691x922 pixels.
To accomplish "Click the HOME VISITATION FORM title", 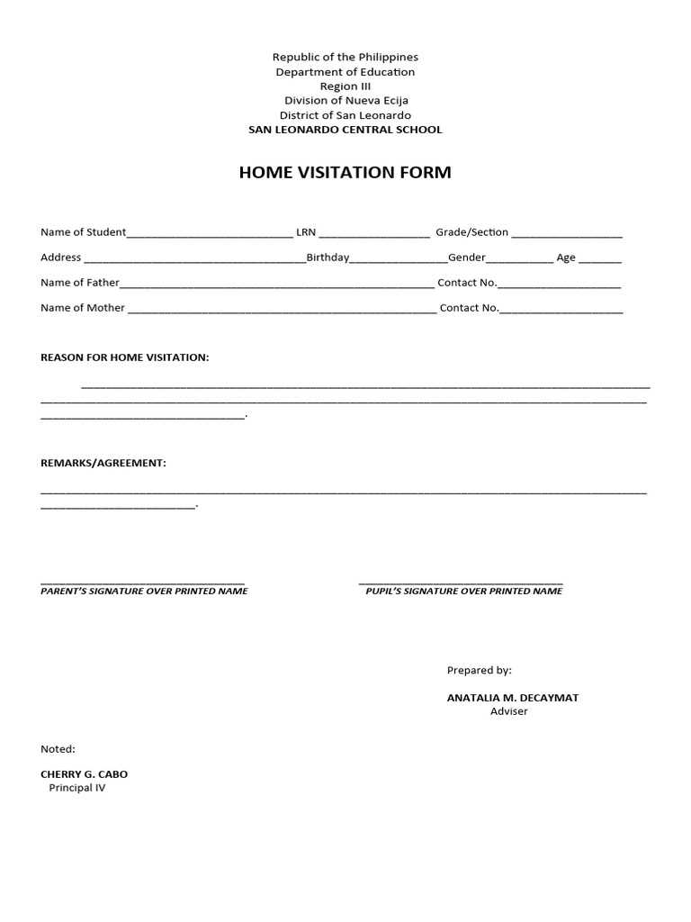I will point(345,172).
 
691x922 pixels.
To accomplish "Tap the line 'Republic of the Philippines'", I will point(345,57).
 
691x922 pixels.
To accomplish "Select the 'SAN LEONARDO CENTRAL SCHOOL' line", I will point(345,130).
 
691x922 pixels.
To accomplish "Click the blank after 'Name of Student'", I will point(210,234).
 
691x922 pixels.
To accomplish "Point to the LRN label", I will point(306,232).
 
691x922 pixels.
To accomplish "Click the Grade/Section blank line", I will point(567,234).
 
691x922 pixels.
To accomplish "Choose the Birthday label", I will point(328,258).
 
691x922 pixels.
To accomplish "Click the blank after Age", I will point(600,259).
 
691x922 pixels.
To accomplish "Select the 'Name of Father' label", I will point(80,283).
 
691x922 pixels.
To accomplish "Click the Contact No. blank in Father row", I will point(559,285).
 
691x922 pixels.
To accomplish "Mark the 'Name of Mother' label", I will point(83,308).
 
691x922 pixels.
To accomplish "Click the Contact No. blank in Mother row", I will point(561,310).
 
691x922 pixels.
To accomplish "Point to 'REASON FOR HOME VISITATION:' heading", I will point(125,357).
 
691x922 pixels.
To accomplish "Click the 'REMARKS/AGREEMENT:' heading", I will point(103,463).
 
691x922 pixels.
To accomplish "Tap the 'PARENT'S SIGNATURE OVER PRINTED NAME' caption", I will point(144,592).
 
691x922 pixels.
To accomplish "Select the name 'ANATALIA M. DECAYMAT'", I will point(507,697).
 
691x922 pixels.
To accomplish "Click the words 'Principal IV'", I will point(77,788).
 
